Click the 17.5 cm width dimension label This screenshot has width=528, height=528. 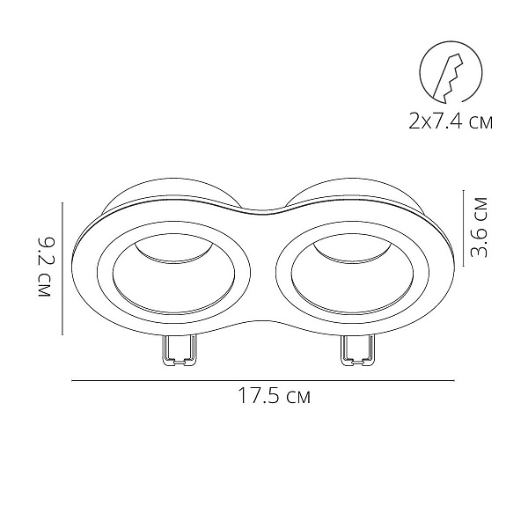pyautogui.click(x=274, y=396)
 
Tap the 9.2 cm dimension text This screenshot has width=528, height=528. pyautogui.click(x=44, y=268)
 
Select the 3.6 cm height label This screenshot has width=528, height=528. pyautogui.click(x=479, y=228)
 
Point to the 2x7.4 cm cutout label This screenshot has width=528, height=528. pyautogui.click(x=451, y=121)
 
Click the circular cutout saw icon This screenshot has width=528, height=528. pyautogui.click(x=451, y=72)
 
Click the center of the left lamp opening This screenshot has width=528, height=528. pyautogui.click(x=173, y=274)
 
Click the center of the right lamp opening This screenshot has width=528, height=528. pyautogui.click(x=352, y=274)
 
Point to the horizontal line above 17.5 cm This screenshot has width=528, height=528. pyautogui.click(x=263, y=380)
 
